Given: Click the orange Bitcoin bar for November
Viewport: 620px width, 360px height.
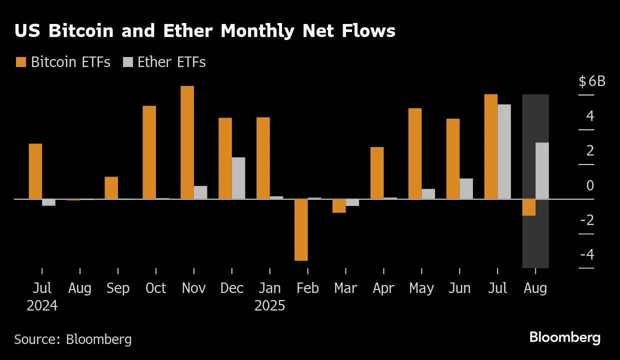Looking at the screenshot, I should click(x=187, y=142).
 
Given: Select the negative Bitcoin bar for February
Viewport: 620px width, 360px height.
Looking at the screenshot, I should click(x=301, y=229).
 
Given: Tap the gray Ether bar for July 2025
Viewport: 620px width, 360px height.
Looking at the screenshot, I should click(x=504, y=151).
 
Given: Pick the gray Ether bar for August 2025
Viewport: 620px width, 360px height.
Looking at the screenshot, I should click(x=542, y=170).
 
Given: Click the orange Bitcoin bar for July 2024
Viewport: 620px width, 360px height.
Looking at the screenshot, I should click(x=35, y=171).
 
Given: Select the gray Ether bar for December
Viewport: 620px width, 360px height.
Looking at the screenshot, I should click(x=238, y=178).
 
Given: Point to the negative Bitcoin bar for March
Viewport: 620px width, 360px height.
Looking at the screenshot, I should click(x=339, y=205).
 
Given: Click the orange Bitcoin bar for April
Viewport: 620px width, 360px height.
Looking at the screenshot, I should click(x=377, y=173).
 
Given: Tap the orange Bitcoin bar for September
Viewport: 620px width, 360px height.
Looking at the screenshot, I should click(x=111, y=187).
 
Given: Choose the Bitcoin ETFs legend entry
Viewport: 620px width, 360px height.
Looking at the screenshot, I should click(x=63, y=62).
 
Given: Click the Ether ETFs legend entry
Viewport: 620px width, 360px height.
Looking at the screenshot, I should click(x=164, y=62).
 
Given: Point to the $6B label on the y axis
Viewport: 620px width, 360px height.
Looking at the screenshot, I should click(x=592, y=81).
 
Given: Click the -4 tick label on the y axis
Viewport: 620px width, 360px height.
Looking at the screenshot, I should click(x=587, y=254).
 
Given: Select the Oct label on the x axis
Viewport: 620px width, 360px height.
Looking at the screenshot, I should click(x=155, y=288).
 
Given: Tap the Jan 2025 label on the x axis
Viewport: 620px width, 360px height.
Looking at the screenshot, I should click(x=269, y=296).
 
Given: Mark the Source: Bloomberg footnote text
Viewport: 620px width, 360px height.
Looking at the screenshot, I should click(x=73, y=339).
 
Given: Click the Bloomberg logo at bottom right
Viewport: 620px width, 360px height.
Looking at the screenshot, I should click(x=564, y=337).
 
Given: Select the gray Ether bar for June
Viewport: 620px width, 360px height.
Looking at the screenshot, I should click(x=466, y=188).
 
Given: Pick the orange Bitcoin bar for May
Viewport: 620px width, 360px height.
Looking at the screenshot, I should click(x=415, y=153).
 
